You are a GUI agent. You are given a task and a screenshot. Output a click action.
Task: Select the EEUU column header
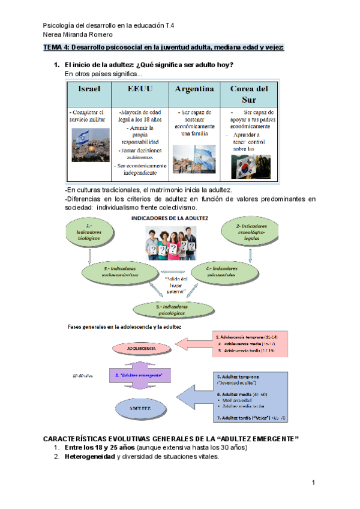pyautogui.click(x=142, y=88)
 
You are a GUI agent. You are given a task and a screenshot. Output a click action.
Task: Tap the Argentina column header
pyautogui.click(x=194, y=88)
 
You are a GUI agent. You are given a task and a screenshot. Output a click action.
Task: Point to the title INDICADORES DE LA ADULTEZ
pyautogui.click(x=170, y=218)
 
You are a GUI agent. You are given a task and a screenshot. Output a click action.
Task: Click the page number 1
pyautogui.click(x=313, y=483)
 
